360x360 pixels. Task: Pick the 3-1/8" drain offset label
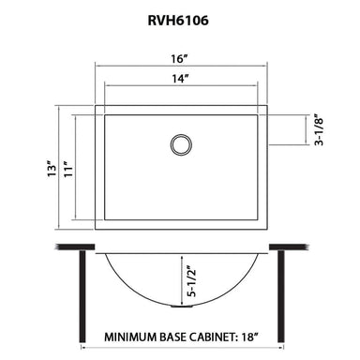320,134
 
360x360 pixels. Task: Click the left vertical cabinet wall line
85,291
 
